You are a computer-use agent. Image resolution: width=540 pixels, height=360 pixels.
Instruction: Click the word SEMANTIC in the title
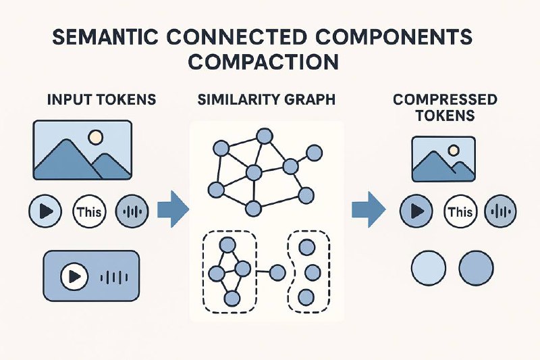tap(105, 36)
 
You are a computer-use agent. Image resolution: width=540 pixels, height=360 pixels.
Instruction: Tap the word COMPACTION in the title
tap(263, 62)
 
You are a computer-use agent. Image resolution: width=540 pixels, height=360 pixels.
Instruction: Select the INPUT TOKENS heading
tap(102, 99)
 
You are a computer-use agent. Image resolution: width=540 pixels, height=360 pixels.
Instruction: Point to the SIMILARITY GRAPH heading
tap(267, 99)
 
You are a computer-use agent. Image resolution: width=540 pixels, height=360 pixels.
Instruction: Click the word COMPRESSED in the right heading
tap(445, 99)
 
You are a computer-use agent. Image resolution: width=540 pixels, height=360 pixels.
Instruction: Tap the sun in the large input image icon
tap(95, 137)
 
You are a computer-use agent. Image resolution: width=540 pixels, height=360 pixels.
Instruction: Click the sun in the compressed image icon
tap(454, 150)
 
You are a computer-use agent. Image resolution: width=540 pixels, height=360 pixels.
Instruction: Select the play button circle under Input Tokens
tap(45, 211)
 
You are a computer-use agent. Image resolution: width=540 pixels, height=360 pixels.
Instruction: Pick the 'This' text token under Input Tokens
tap(90, 211)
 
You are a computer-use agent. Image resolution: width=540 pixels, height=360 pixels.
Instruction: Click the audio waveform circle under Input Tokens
tap(132, 211)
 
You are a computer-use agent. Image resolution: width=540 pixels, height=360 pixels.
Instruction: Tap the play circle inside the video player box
tap(74, 276)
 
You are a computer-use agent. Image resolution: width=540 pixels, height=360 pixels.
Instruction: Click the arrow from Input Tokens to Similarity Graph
tap(173, 209)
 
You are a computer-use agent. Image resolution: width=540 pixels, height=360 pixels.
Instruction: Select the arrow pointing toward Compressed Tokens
tap(369, 209)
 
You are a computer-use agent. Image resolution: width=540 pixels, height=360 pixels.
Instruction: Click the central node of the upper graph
tap(254, 172)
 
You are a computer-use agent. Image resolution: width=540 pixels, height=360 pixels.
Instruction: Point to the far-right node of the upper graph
tap(314, 153)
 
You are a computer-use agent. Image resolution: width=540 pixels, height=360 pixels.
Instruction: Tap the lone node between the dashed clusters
tap(277, 272)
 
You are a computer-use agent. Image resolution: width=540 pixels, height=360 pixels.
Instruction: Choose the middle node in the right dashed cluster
tap(313, 272)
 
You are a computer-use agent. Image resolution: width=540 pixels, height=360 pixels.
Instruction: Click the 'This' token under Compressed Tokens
tap(461, 211)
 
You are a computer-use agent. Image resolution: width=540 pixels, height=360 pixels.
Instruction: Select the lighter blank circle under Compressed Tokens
tap(429, 268)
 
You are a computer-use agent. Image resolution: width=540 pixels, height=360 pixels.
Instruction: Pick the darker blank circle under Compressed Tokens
tap(477, 268)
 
